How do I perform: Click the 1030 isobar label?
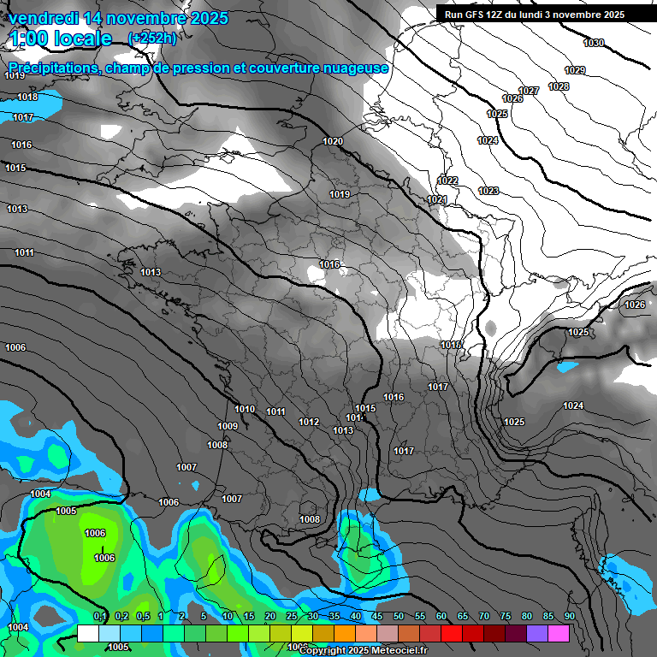point(593,43)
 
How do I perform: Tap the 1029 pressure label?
point(575,70)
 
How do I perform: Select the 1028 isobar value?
point(559,86)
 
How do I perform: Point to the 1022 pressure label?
point(447,181)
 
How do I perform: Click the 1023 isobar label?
point(488,191)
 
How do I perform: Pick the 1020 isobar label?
point(333,141)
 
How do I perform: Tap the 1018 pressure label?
point(27,98)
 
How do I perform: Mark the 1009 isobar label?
point(228,426)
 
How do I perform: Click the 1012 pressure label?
point(309,422)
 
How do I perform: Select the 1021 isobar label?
point(436,199)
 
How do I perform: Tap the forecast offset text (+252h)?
point(152,38)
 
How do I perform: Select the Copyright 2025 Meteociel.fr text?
point(363,651)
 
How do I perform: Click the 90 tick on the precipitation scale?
point(570,617)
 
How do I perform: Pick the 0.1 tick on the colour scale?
point(100,617)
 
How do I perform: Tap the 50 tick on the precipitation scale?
point(399,617)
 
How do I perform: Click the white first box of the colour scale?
point(87,633)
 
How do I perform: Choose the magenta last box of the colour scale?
point(559,633)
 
